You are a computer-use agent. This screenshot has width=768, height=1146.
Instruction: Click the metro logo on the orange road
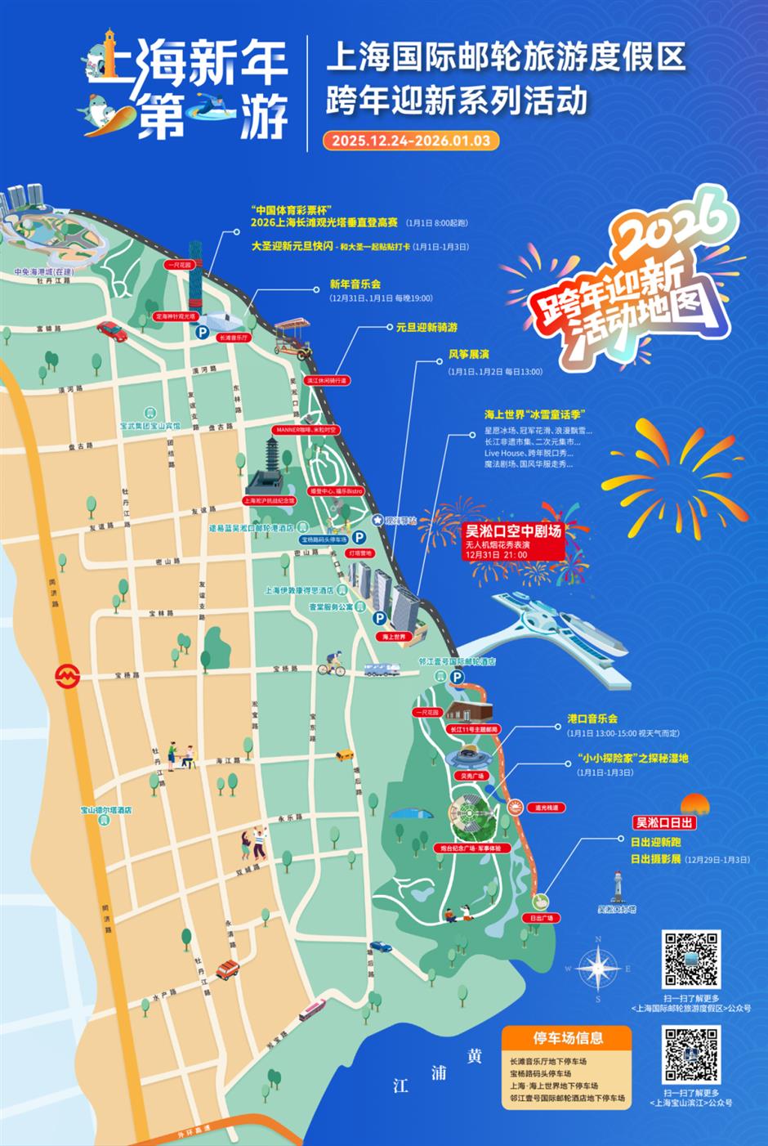[65, 675]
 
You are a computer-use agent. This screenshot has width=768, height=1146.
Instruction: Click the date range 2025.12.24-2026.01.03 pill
[410, 141]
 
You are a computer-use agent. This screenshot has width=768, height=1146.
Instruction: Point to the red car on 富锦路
[111, 330]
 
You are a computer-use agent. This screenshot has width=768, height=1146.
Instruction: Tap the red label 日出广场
[541, 918]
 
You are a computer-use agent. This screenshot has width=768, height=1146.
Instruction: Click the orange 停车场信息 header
[568, 1038]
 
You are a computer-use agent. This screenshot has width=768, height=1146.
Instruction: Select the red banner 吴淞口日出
[665, 823]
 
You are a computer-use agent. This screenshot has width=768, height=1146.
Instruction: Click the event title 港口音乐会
[592, 719]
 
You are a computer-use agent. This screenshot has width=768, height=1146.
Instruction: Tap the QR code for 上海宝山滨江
[690, 1054]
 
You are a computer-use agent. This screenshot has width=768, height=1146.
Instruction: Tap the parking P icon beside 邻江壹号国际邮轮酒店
[458, 677]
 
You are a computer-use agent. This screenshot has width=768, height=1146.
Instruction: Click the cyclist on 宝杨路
[332, 664]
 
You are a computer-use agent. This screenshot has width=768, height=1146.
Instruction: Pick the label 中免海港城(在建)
[43, 271]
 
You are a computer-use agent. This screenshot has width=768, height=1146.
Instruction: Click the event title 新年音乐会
[355, 284]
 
